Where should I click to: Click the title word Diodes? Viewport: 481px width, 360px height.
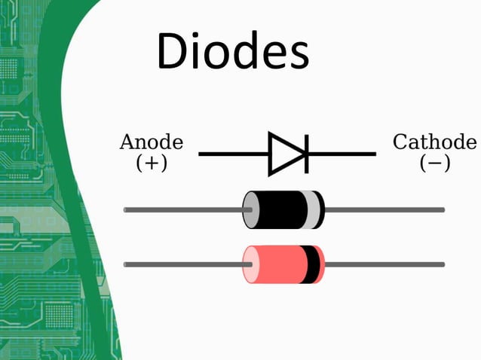tap(232, 51)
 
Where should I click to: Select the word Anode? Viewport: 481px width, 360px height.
tap(152, 142)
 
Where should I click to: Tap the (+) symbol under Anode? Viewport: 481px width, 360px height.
tap(152, 163)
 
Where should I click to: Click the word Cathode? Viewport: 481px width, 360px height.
tap(435, 142)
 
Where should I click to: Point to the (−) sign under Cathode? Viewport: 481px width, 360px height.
tap(435, 163)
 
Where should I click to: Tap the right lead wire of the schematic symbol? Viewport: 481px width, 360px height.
tap(343, 154)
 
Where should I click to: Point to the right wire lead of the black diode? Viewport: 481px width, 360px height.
tap(384, 209)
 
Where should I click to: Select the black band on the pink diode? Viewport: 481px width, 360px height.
tap(308, 264)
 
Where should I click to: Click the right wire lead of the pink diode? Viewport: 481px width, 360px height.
tap(384, 264)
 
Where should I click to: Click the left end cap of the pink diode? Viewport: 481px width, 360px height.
tap(248, 264)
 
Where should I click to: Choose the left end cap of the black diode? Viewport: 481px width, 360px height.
tap(248, 209)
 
